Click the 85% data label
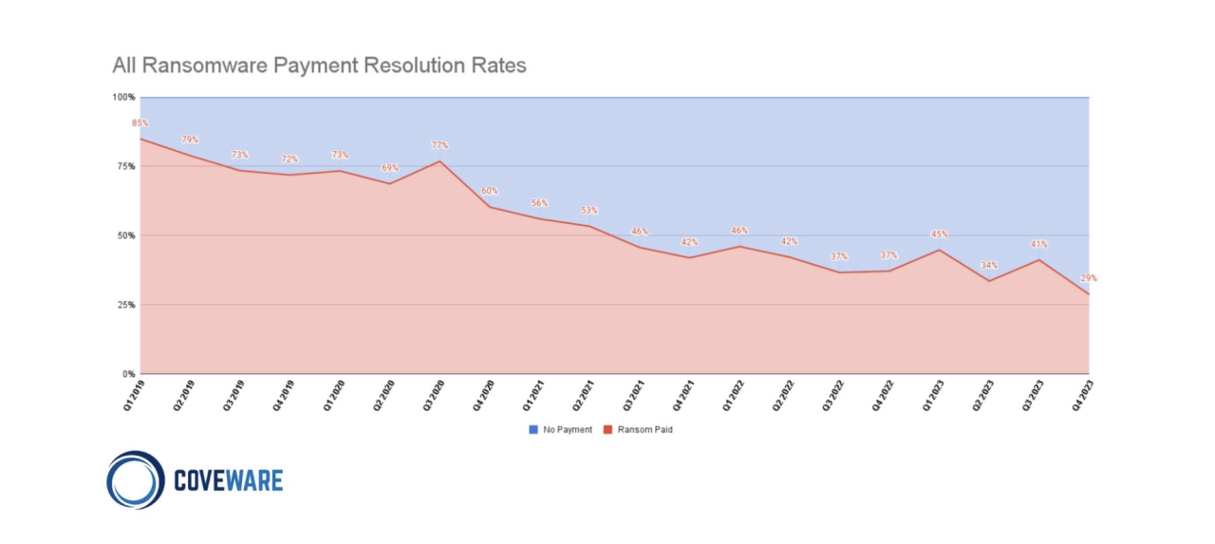[x=140, y=123]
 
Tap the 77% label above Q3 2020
[x=439, y=145]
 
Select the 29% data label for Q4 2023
[x=1088, y=278]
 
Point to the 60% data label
[x=489, y=191]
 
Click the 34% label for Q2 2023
[x=989, y=265]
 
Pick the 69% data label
[x=389, y=168]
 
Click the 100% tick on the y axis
[x=124, y=97]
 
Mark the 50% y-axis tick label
[x=126, y=235]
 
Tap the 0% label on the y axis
[x=129, y=374]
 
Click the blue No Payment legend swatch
[x=533, y=430]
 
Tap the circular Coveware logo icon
[x=136, y=480]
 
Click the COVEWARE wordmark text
[x=228, y=480]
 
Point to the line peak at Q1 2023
[x=939, y=250]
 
